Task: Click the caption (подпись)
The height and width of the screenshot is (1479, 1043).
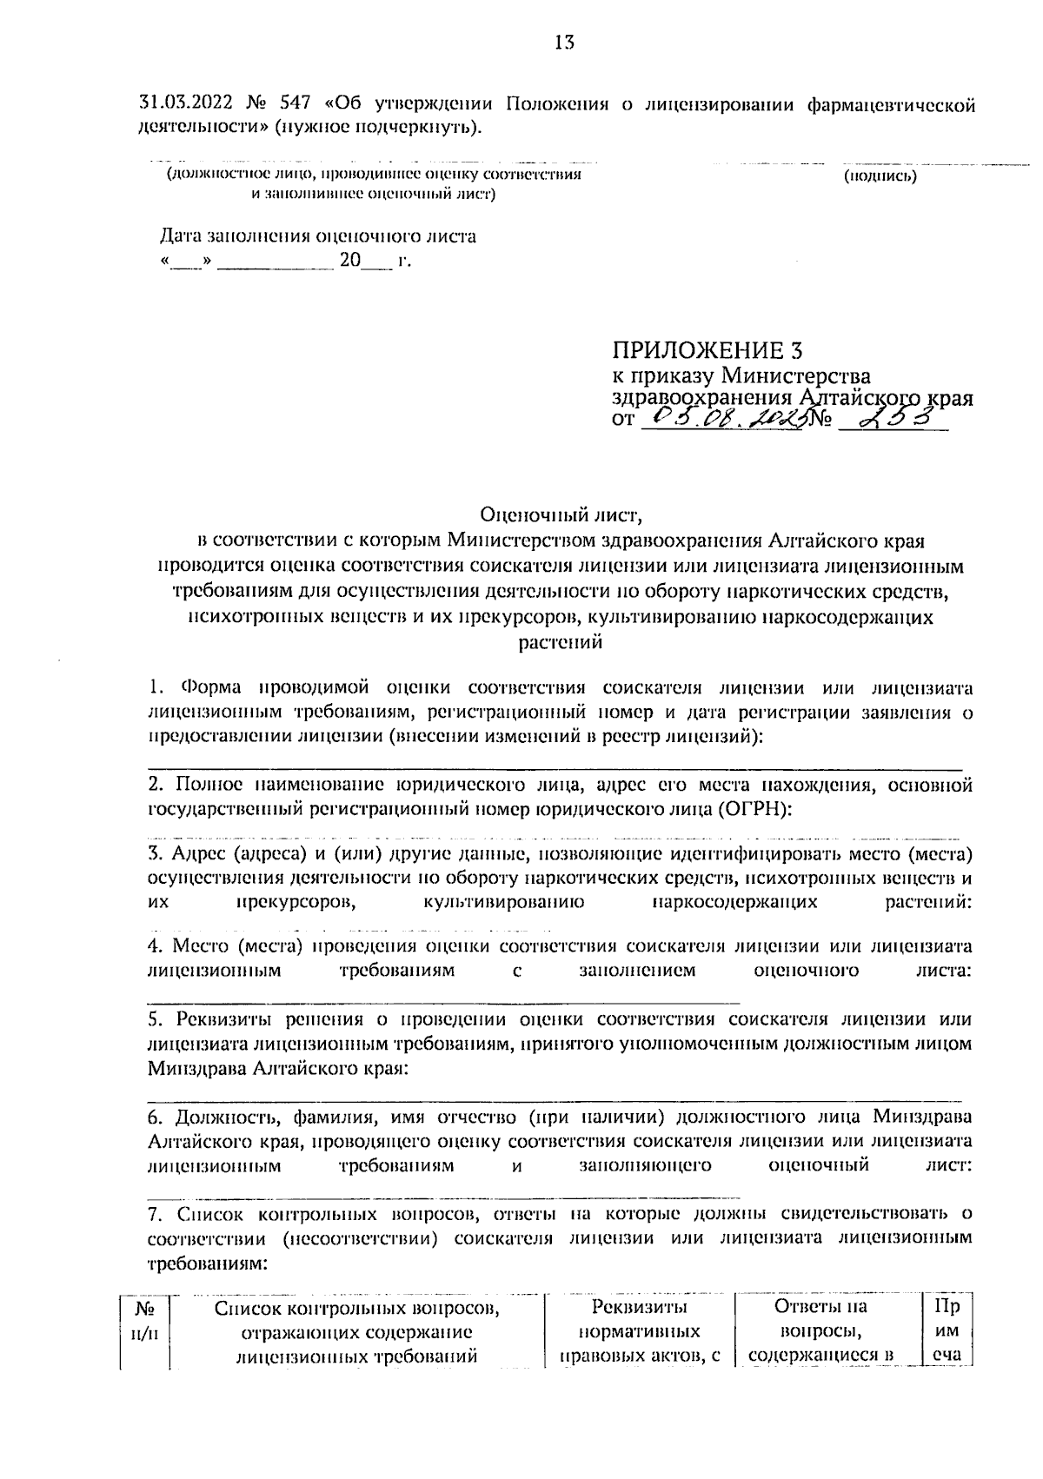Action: (x=880, y=176)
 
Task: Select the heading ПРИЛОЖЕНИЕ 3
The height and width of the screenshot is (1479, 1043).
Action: (x=707, y=350)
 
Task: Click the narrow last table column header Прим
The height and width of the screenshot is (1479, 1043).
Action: (x=947, y=1330)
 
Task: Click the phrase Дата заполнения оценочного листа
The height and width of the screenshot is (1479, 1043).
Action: (x=317, y=236)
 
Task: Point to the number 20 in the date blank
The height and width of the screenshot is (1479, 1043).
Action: (x=349, y=260)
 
